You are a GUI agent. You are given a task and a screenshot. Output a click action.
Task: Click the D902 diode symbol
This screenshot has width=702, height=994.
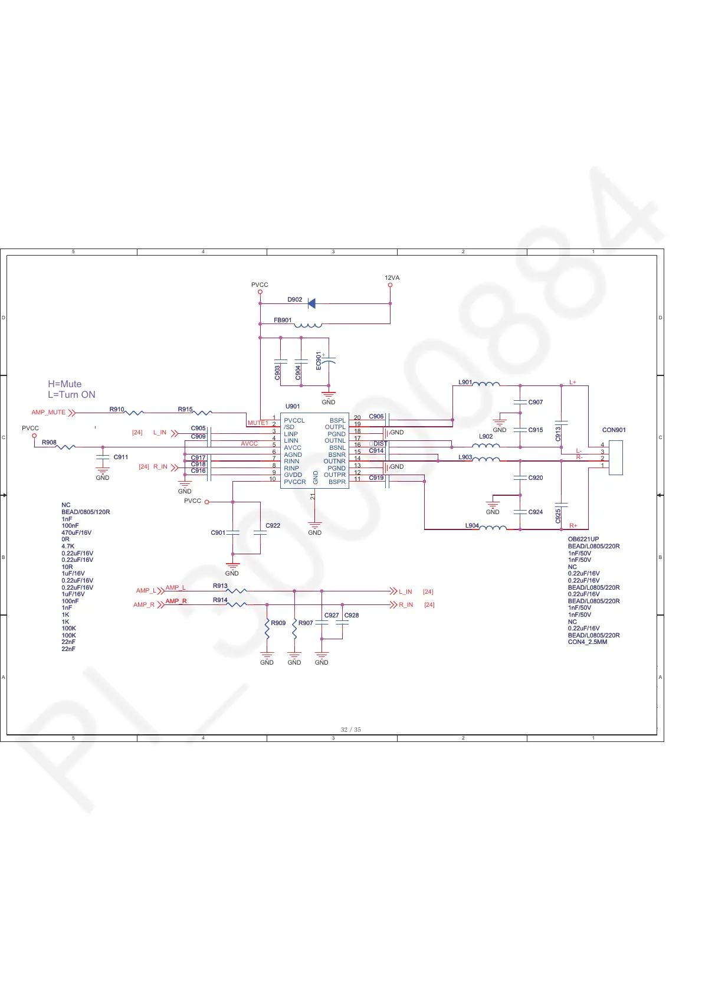click(x=311, y=303)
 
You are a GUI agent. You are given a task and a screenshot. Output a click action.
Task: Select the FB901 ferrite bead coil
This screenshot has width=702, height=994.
click(x=308, y=325)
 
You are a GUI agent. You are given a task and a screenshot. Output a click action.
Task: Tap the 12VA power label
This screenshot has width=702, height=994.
click(x=392, y=278)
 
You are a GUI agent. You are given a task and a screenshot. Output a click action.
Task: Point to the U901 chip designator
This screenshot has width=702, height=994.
click(x=293, y=406)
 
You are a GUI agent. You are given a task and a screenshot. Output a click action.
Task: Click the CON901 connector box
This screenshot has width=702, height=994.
click(x=615, y=457)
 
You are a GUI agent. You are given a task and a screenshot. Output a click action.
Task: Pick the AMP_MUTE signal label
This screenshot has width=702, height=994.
click(x=48, y=413)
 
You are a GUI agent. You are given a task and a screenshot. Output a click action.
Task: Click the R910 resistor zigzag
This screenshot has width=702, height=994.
click(x=135, y=413)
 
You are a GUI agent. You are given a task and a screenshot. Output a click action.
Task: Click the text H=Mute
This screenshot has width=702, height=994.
click(x=65, y=384)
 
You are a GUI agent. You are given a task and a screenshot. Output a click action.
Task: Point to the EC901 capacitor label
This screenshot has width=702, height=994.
click(x=319, y=361)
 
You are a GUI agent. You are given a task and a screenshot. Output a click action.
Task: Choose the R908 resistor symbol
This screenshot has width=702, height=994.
click(x=65, y=447)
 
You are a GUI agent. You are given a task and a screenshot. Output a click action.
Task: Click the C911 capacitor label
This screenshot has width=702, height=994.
click(x=121, y=457)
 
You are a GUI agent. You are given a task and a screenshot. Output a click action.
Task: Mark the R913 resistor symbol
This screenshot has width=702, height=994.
click(x=237, y=590)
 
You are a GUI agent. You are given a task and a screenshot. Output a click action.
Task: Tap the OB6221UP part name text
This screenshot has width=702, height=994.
click(x=583, y=539)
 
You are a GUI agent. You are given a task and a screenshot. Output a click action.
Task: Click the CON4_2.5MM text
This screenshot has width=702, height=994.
click(x=588, y=642)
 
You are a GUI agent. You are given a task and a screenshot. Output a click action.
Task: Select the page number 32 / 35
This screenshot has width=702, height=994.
click(x=351, y=730)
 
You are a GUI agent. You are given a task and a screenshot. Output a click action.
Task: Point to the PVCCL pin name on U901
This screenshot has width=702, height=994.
click(x=294, y=420)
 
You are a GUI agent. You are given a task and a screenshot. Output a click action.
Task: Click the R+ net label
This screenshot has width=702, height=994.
click(x=573, y=525)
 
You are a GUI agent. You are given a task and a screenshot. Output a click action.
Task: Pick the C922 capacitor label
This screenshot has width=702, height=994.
click(x=273, y=525)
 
